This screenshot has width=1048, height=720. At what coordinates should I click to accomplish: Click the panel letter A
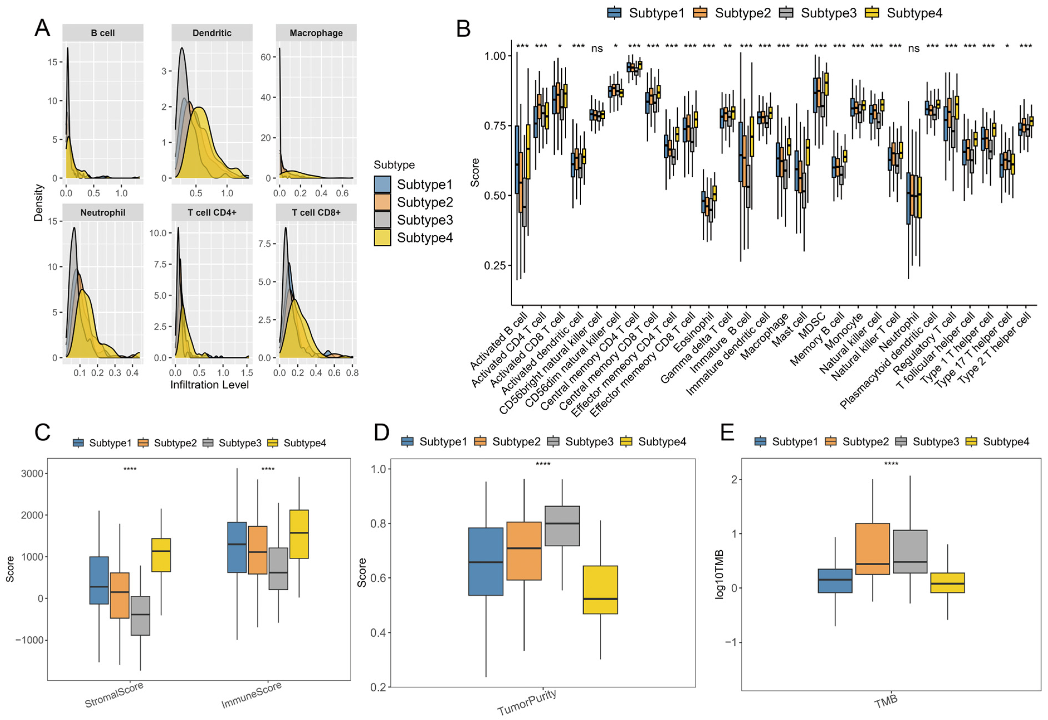coord(42,28)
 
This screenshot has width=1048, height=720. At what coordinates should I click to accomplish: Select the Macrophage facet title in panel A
coord(316,33)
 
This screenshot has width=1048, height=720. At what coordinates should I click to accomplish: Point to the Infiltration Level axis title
coord(209,385)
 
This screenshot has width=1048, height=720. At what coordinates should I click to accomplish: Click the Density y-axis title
coord(38,202)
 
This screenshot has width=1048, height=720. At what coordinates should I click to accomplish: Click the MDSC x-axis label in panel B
coord(812,324)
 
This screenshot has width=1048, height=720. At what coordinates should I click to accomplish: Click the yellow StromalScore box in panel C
coord(161,555)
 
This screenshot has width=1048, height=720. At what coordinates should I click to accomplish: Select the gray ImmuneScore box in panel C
coord(278,568)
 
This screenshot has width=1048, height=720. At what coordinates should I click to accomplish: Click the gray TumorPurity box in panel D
coord(562,526)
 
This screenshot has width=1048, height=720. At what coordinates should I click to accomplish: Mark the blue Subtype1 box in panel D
coord(486,561)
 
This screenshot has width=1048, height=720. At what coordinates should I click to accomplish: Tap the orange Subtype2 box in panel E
coord(872,548)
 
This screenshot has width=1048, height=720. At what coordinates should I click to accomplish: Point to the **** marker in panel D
coord(543,464)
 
